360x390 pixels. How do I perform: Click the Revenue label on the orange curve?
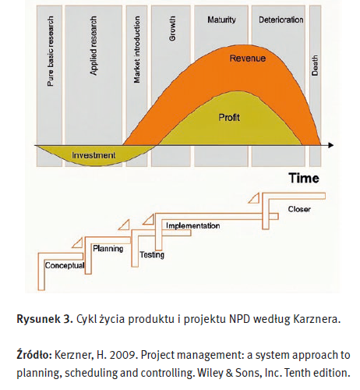tap(248, 58)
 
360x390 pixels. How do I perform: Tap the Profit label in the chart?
tap(229, 118)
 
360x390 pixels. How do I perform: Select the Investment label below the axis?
tap(94, 155)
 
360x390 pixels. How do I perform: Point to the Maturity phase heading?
tap(221, 19)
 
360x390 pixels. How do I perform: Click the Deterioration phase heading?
tap(281, 19)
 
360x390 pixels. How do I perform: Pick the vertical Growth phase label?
tap(172, 28)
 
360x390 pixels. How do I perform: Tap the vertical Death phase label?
tap(315, 66)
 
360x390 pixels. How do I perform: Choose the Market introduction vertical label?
tap(137, 50)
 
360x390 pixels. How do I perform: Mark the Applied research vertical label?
tap(94, 46)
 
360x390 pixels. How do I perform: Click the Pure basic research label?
tap(51, 51)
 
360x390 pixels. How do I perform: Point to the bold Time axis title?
tap(304, 179)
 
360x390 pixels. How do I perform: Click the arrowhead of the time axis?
tap(331, 145)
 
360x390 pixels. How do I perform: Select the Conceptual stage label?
tap(65, 265)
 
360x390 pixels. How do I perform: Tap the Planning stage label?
tap(108, 249)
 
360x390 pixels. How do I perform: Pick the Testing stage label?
tap(152, 255)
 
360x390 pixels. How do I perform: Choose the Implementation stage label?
tap(193, 225)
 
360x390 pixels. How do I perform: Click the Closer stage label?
tap(299, 209)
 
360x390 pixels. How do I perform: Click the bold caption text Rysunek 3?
tap(44, 319)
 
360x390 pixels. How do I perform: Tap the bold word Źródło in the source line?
tap(34, 355)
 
